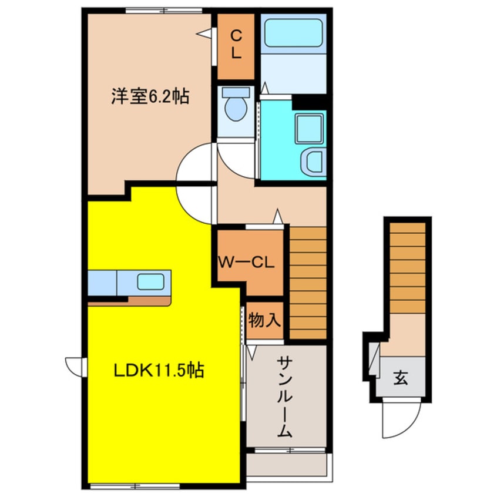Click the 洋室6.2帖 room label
point(150,97)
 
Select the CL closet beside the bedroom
point(236,46)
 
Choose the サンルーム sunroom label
point(285,397)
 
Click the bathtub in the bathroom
point(293,33)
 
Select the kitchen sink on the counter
point(151,281)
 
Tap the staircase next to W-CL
point(308,282)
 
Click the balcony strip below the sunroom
point(286,464)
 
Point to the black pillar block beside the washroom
point(309,101)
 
